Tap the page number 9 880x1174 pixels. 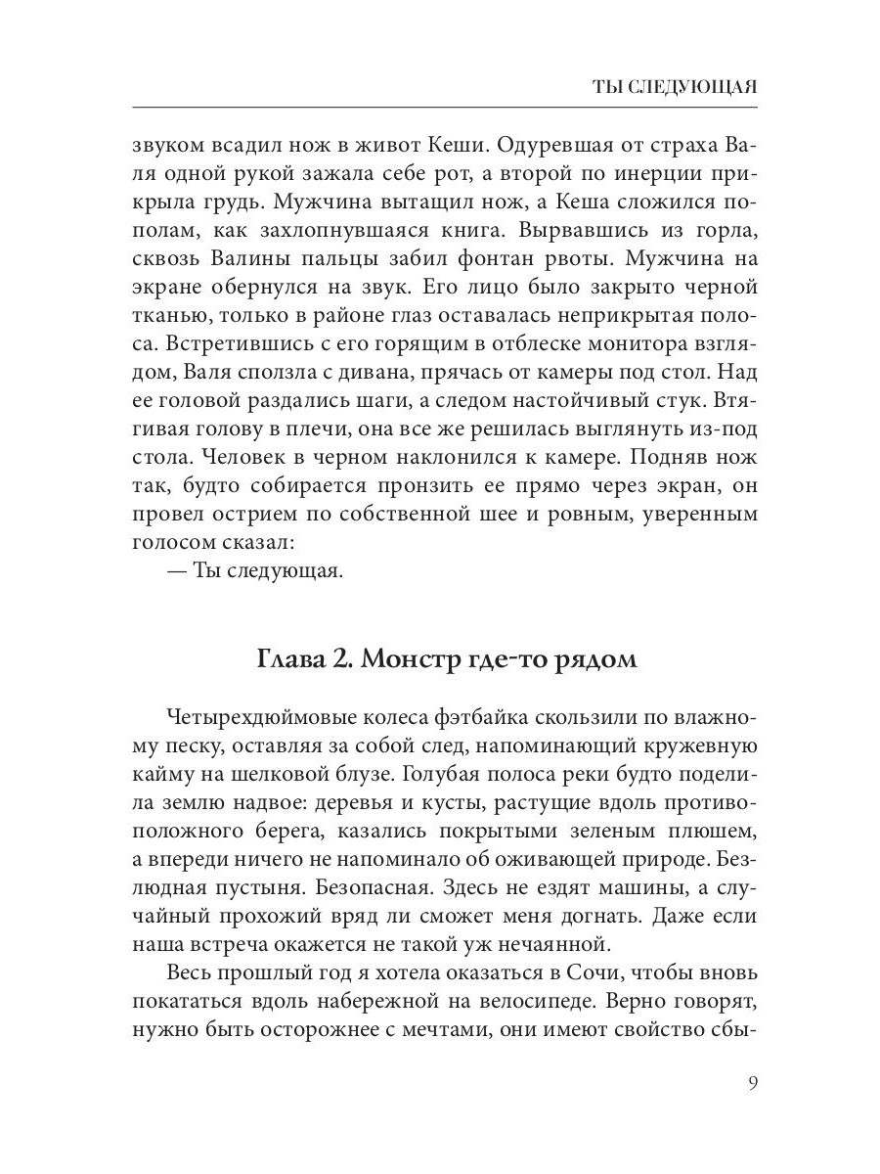point(753,1082)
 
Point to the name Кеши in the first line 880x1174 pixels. point(456,147)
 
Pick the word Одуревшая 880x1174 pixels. point(561,147)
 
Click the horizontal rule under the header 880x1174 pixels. point(445,107)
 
